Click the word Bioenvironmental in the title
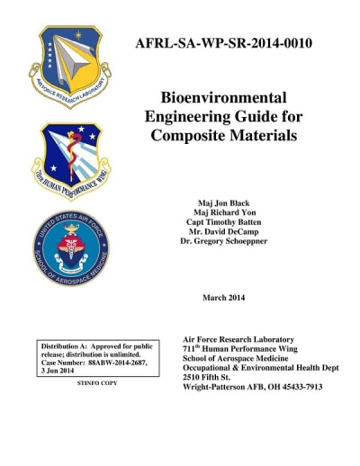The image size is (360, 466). [x=223, y=97]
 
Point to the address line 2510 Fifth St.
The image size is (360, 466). [x=212, y=378]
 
